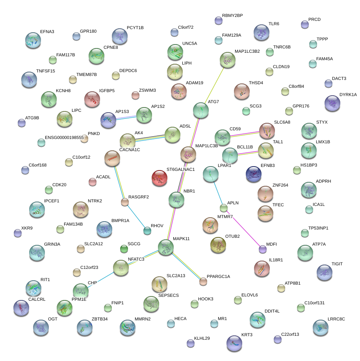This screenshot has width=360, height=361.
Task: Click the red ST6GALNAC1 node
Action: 160,178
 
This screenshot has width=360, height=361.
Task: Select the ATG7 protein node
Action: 201,111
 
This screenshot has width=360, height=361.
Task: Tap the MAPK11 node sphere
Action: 165,247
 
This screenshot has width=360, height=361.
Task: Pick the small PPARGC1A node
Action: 203,281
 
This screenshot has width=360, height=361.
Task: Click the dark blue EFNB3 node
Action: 253,174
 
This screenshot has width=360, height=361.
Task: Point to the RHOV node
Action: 147,231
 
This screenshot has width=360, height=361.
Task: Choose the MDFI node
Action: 262,249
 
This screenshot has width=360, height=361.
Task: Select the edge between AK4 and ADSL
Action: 150,137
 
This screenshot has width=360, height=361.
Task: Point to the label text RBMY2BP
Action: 232,16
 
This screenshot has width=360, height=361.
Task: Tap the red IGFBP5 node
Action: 92,99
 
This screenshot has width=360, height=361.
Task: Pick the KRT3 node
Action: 234,343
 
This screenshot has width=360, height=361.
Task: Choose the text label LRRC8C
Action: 336,319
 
